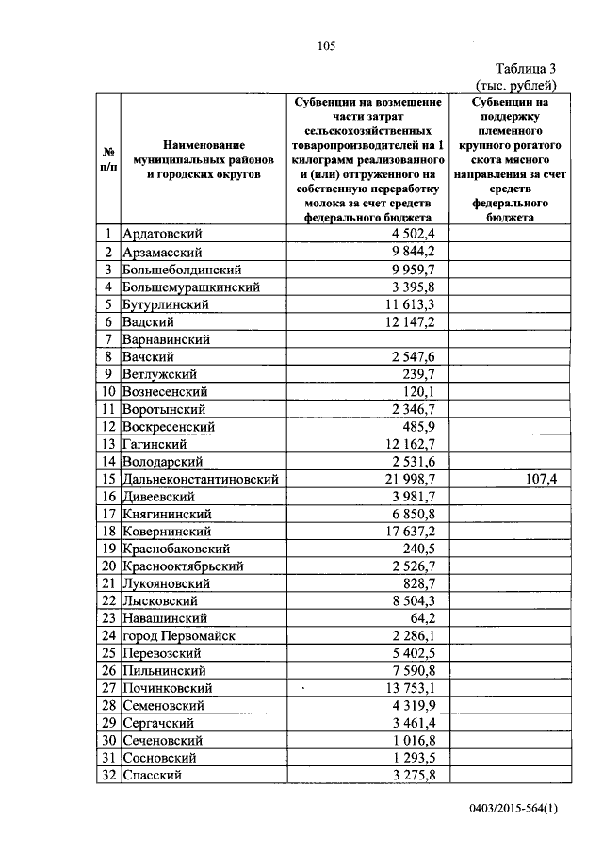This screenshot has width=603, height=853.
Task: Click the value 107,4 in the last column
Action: (x=540, y=479)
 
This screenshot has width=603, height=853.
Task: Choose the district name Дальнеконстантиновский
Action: (x=202, y=479)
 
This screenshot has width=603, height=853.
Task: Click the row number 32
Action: (x=108, y=775)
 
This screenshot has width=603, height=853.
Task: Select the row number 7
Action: (x=108, y=338)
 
